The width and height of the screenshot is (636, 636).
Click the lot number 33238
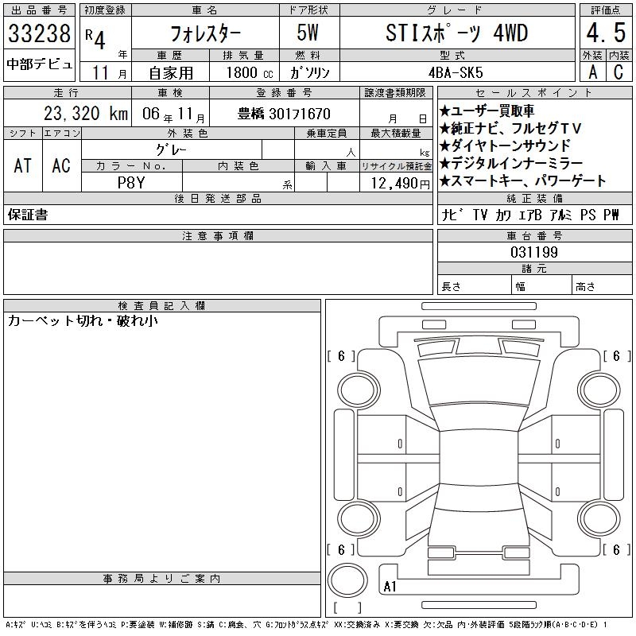39,33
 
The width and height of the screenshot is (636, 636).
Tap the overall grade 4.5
606,33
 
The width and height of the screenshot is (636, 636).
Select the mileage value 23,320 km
86,114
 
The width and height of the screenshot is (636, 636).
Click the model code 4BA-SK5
456,72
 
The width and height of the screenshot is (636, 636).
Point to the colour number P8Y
131,183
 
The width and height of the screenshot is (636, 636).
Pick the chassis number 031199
534,252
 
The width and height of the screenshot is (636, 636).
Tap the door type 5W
308,33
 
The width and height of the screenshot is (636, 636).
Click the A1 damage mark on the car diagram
390,587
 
